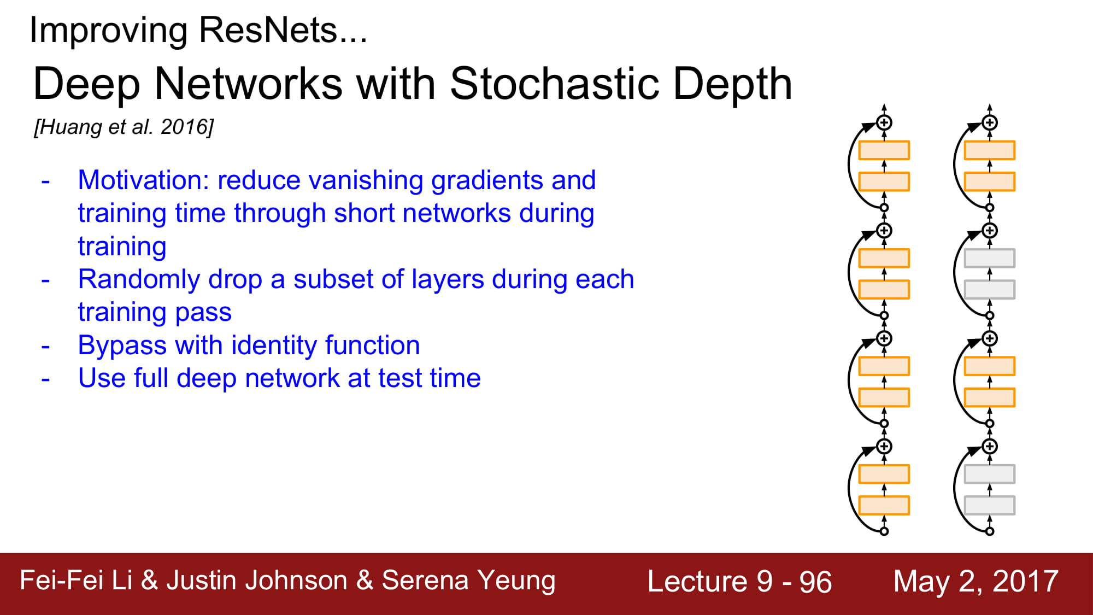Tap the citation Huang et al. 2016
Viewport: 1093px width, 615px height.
pos(124,127)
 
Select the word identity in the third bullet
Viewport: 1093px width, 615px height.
pos(275,346)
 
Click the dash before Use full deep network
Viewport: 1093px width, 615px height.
pos(45,379)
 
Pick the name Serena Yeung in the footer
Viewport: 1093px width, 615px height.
pos(468,581)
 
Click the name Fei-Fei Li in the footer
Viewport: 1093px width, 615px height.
pos(76,580)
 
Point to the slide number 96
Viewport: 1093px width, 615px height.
pos(815,582)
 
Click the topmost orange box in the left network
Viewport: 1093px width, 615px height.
pos(884,150)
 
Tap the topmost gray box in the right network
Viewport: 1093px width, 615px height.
pos(989,258)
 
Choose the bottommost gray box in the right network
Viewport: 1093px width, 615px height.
pos(989,505)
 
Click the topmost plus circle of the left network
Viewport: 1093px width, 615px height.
pos(884,122)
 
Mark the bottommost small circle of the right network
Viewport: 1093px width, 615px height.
pos(990,531)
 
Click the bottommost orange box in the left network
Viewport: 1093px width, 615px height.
pos(884,505)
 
